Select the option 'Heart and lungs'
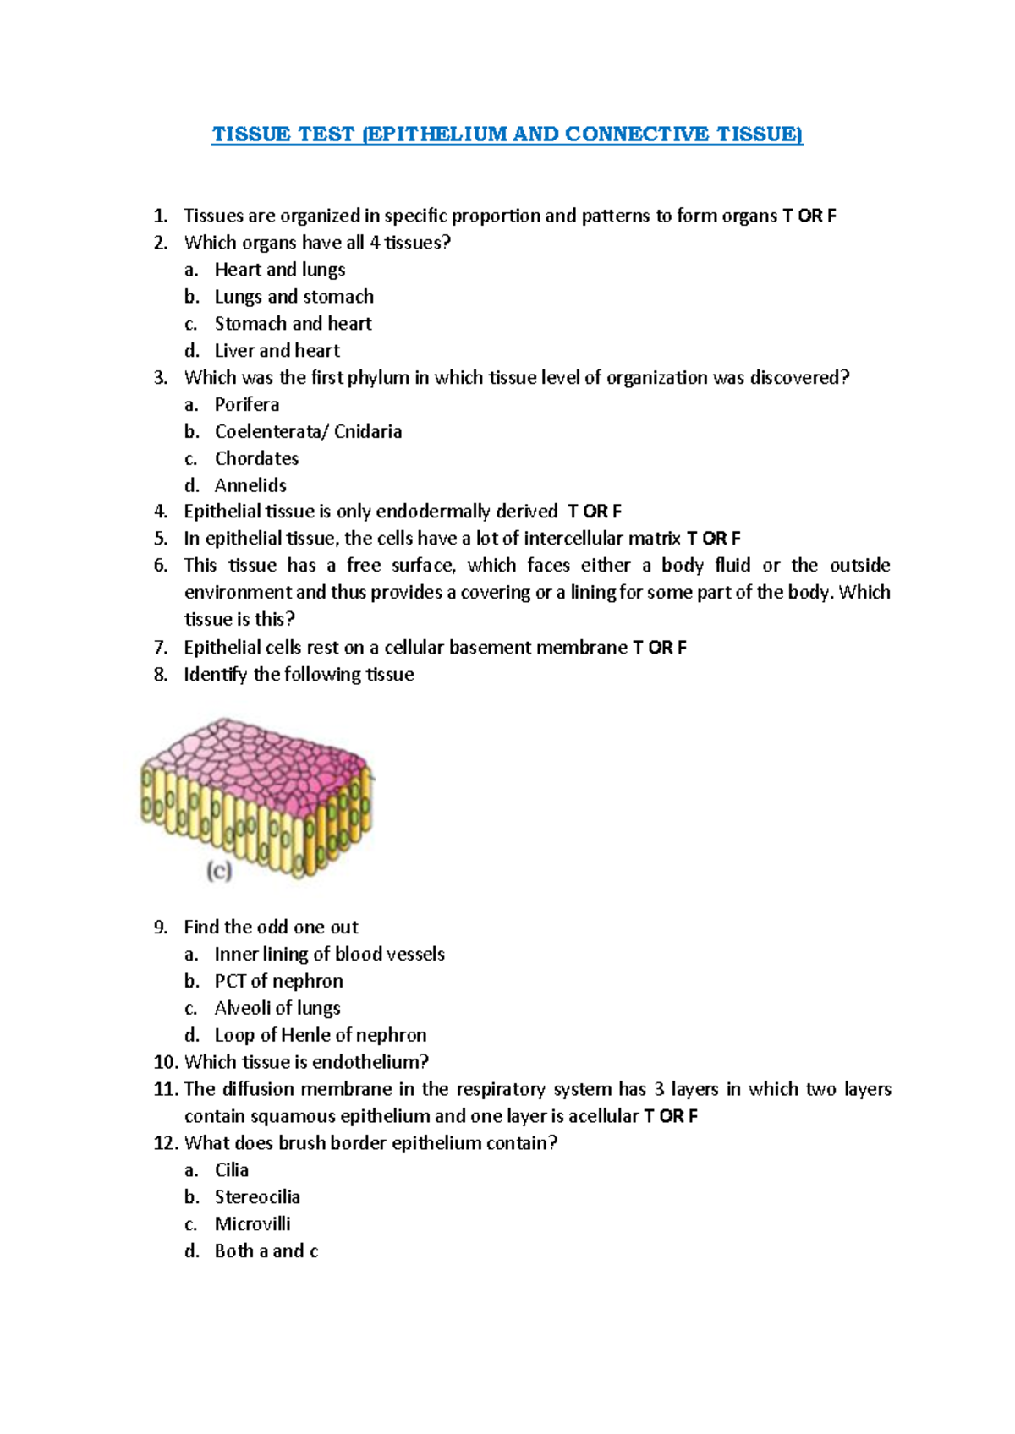[279, 270]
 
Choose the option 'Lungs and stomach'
[294, 297]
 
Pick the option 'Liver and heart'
[277, 351]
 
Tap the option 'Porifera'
[246, 405]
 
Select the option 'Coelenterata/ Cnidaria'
[308, 432]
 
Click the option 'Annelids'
[250, 485]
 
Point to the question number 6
[161, 566]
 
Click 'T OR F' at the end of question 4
[595, 512]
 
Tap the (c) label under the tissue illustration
[219, 871]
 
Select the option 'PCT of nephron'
[278, 982]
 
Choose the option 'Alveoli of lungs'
[277, 1009]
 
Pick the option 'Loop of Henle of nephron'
[320, 1036]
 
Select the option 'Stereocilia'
[257, 1197]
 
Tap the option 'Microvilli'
[252, 1224]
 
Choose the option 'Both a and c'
[266, 1251]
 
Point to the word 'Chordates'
[256, 459]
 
